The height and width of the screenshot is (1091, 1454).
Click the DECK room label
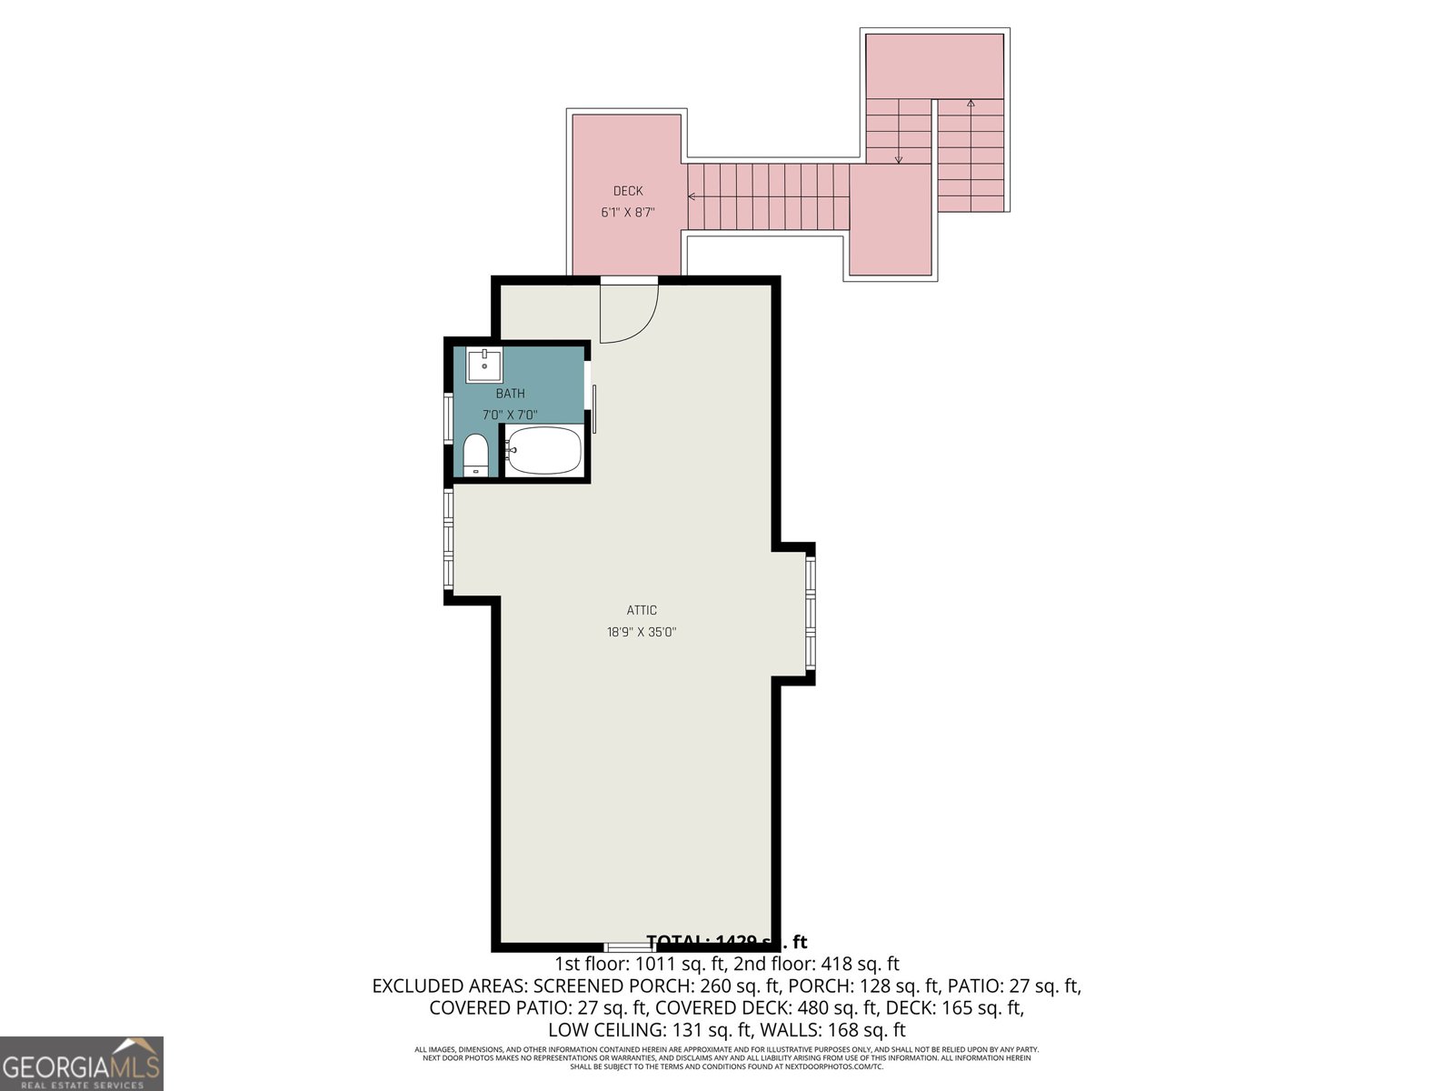pyautogui.click(x=628, y=191)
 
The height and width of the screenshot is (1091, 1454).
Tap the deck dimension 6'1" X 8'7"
pyautogui.click(x=628, y=213)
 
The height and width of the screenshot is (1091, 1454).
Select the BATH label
pyautogui.click(x=510, y=394)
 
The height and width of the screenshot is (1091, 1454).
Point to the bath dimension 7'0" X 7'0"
pyautogui.click(x=510, y=415)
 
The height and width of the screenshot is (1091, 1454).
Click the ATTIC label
pyautogui.click(x=642, y=610)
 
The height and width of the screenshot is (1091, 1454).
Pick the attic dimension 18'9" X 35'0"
pyautogui.click(x=642, y=632)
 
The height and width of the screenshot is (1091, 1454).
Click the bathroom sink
pyautogui.click(x=484, y=365)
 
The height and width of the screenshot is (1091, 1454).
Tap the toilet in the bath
pyautogui.click(x=475, y=455)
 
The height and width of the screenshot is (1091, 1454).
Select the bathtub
pyautogui.click(x=543, y=451)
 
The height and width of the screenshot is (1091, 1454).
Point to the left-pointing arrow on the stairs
pyautogui.click(x=692, y=196)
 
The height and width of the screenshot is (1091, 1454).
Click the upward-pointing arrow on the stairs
pyautogui.click(x=971, y=103)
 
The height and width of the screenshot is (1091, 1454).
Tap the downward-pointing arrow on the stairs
pyautogui.click(x=899, y=159)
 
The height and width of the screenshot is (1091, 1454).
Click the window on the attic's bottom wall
pyautogui.click(x=630, y=947)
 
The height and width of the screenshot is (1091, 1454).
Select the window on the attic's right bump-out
pyautogui.click(x=811, y=614)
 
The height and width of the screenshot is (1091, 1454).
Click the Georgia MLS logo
pyautogui.click(x=82, y=1064)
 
